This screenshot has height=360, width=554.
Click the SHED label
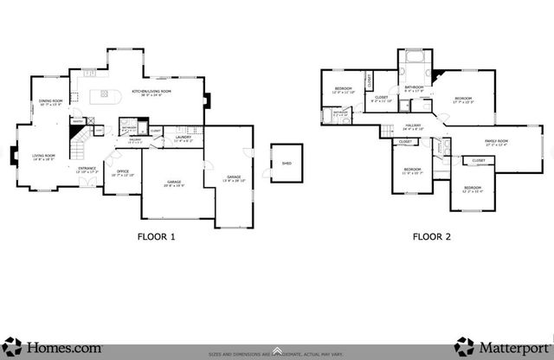pyautogui.click(x=286, y=163)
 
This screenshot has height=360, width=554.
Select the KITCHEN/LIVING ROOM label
pyautogui.click(x=151, y=92)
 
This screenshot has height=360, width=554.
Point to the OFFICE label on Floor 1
pyautogui.click(x=123, y=173)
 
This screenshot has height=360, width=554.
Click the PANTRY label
pyautogui.click(x=77, y=120)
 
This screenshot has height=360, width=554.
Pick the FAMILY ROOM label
pyautogui.click(x=495, y=142)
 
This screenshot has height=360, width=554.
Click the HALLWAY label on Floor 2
pyautogui.click(x=412, y=126)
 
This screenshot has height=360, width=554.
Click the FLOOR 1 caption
pyautogui.click(x=157, y=236)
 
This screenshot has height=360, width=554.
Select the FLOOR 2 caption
pyautogui.click(x=432, y=236)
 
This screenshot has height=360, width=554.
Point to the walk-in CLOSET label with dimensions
pyautogui.click(x=382, y=100)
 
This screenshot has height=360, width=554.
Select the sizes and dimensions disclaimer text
pyautogui.click(x=277, y=353)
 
